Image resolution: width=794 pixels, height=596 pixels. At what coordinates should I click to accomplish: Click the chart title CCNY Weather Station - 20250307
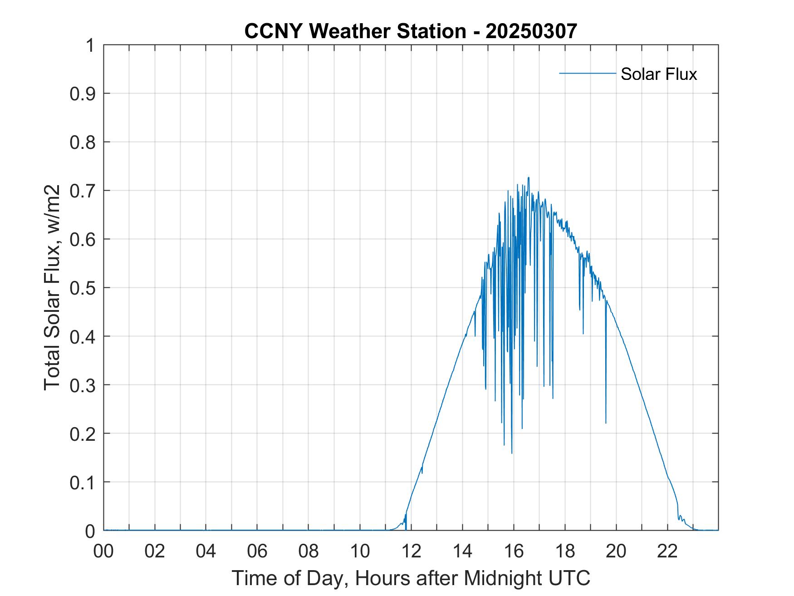pos(411,31)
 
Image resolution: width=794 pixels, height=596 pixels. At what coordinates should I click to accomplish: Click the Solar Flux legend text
pos(658,74)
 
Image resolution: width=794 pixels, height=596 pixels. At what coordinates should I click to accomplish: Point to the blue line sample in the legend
pos(587,73)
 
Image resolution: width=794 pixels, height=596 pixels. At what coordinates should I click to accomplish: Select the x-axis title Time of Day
pos(411,578)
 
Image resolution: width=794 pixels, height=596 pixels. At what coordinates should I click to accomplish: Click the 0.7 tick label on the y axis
pos(83,191)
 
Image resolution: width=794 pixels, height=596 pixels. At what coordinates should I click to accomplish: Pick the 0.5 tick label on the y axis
pos(83,288)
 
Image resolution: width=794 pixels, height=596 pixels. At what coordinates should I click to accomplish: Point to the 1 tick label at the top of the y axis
pos(91,45)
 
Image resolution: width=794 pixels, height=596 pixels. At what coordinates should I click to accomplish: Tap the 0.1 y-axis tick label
pos(83,482)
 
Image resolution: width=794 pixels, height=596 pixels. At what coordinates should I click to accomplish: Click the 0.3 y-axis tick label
pos(83,385)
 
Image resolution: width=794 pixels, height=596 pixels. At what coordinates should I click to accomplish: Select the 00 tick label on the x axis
pos(103,551)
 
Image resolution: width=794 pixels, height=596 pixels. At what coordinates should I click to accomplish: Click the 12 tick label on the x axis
pos(412,551)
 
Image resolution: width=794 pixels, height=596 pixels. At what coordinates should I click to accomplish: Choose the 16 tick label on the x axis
pos(514,551)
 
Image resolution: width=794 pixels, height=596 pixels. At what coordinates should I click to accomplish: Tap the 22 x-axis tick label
pos(668,551)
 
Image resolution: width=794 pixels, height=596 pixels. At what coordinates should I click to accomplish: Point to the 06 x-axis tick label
pos(257,551)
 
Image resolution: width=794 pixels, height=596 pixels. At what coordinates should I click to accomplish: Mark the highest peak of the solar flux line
pos(529,177)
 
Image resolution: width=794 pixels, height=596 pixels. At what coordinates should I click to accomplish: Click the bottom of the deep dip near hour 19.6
pos(606,423)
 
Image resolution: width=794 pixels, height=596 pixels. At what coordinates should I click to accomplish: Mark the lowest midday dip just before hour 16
pos(512,453)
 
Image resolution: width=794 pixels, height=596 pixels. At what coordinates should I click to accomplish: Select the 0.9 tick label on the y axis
pos(83,94)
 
